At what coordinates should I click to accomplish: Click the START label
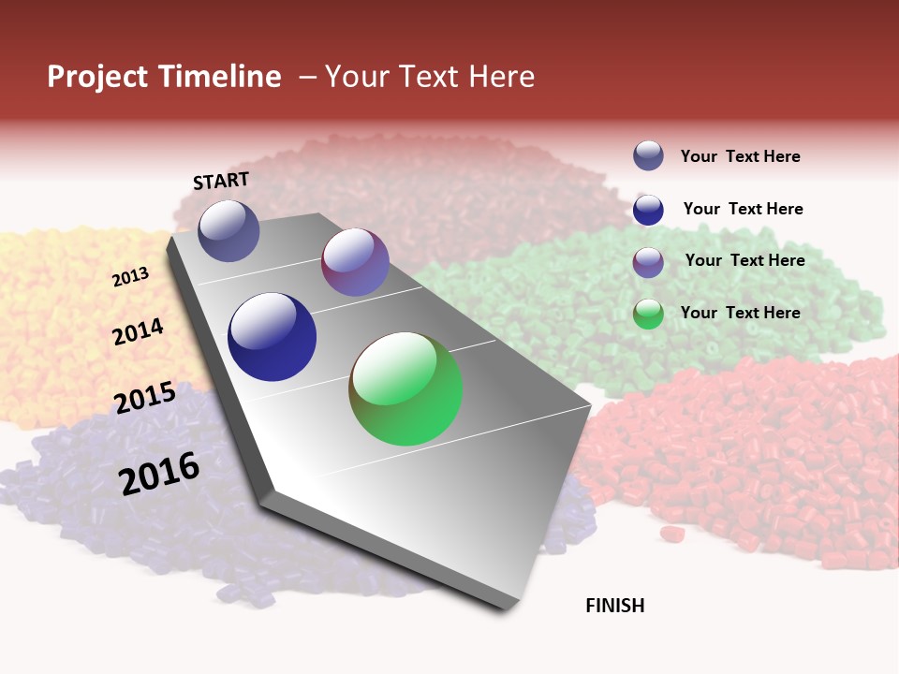(221, 181)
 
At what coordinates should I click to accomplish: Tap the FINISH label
(614, 606)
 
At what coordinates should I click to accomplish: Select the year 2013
(130, 277)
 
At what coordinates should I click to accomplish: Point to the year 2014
(138, 332)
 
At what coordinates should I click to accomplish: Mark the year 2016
(159, 473)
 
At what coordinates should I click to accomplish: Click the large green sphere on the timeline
(405, 388)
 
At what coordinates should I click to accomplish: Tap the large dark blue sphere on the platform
(272, 337)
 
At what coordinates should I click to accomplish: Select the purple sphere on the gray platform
(355, 262)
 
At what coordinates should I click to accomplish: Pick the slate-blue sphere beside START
(228, 230)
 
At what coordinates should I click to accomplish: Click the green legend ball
(648, 314)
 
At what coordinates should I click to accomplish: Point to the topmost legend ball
(648, 155)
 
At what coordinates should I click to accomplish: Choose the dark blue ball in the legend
(648, 210)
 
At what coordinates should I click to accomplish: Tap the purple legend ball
(648, 262)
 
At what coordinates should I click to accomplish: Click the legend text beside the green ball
(740, 313)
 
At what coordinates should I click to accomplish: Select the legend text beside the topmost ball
(740, 156)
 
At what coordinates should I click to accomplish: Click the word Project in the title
(97, 77)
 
